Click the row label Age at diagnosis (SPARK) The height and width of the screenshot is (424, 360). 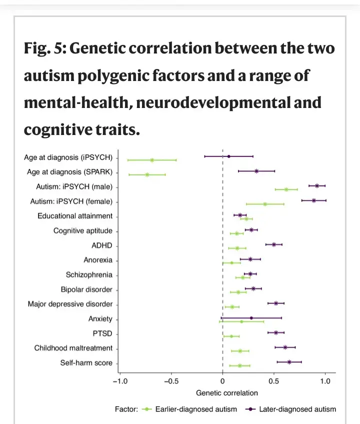(69, 172)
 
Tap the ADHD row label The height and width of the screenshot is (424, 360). (102, 246)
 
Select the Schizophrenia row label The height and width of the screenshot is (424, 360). (89, 275)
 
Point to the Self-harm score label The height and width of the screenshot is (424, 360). (86, 363)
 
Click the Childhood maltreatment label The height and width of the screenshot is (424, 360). (73, 348)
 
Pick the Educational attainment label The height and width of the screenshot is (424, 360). (75, 216)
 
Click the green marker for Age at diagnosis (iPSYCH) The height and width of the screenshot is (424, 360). (152, 160)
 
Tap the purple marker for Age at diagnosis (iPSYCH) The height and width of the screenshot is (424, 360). (229, 156)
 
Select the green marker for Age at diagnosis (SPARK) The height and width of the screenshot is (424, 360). (147, 174)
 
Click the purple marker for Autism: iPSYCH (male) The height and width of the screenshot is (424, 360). (317, 185)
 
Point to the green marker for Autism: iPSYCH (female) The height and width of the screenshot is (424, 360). (265, 204)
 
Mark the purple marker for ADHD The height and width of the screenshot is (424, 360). (274, 244)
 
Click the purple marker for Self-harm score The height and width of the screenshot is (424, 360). (289, 361)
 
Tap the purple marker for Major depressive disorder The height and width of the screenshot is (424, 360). (276, 303)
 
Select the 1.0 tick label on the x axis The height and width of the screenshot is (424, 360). (325, 381)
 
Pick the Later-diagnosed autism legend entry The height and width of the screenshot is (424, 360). (297, 409)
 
